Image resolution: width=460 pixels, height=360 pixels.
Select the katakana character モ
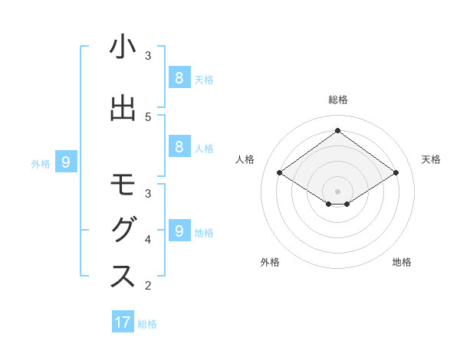pos(123,186)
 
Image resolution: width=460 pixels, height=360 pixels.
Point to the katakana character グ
pos(123,231)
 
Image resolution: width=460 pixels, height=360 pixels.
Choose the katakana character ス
pos(123,277)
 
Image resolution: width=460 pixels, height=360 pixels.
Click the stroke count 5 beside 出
pos(148,116)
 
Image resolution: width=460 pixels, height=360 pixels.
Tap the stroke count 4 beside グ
pos(148,240)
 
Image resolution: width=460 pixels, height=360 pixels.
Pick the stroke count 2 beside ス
pos(148,286)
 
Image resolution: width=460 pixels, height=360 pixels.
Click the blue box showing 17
pos(123,322)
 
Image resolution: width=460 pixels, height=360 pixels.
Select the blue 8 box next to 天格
pos(179,77)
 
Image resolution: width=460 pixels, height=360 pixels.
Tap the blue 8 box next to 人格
pos(179,147)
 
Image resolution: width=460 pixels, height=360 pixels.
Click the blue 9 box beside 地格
pos(179,231)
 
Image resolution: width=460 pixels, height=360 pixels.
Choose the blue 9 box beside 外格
pos(66,162)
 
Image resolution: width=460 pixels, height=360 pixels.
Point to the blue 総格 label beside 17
pos(147,324)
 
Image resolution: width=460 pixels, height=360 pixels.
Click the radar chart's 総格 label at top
pos(337,100)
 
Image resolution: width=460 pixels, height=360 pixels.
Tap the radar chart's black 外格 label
pos(270,262)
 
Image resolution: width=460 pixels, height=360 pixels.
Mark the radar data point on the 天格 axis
pos(396,173)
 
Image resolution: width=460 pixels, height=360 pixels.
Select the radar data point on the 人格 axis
pos(279,173)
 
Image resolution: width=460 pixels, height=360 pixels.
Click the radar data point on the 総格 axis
pos(337,130)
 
